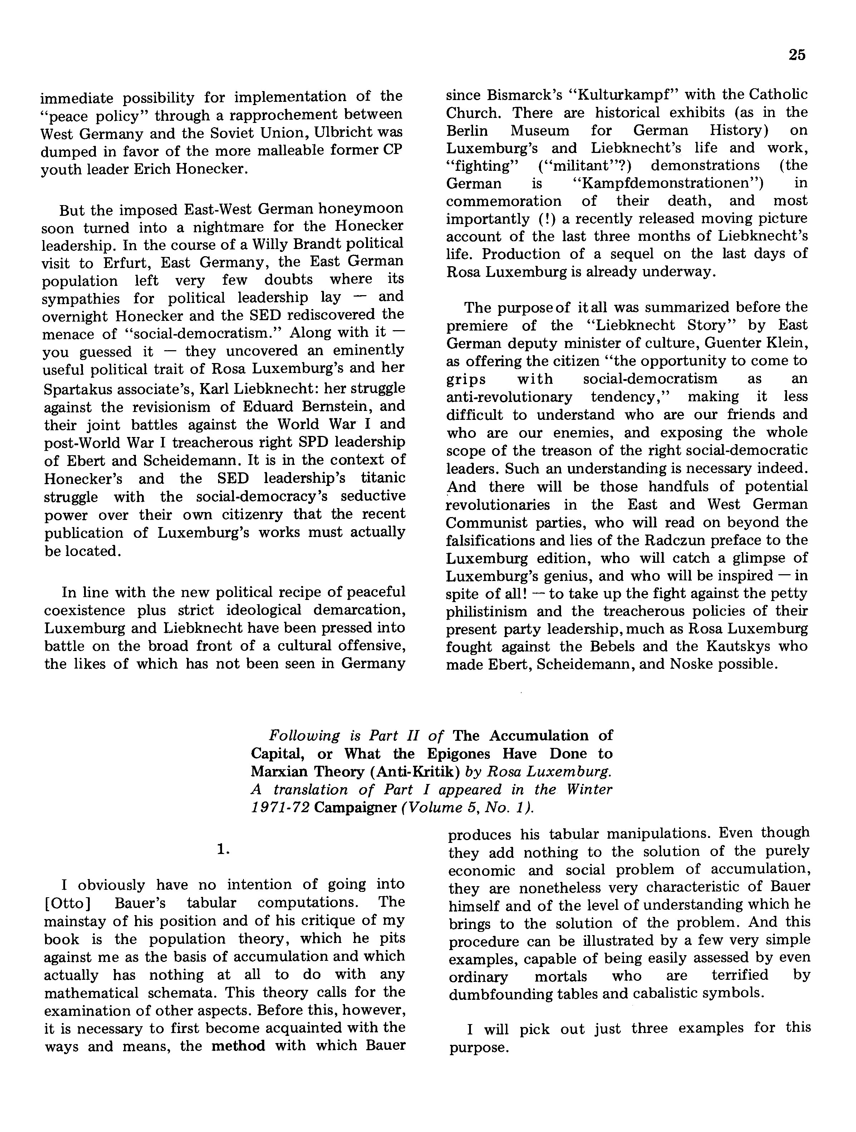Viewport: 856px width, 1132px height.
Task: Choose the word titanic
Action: pos(383,478)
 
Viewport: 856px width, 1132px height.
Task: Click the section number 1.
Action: pos(223,849)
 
